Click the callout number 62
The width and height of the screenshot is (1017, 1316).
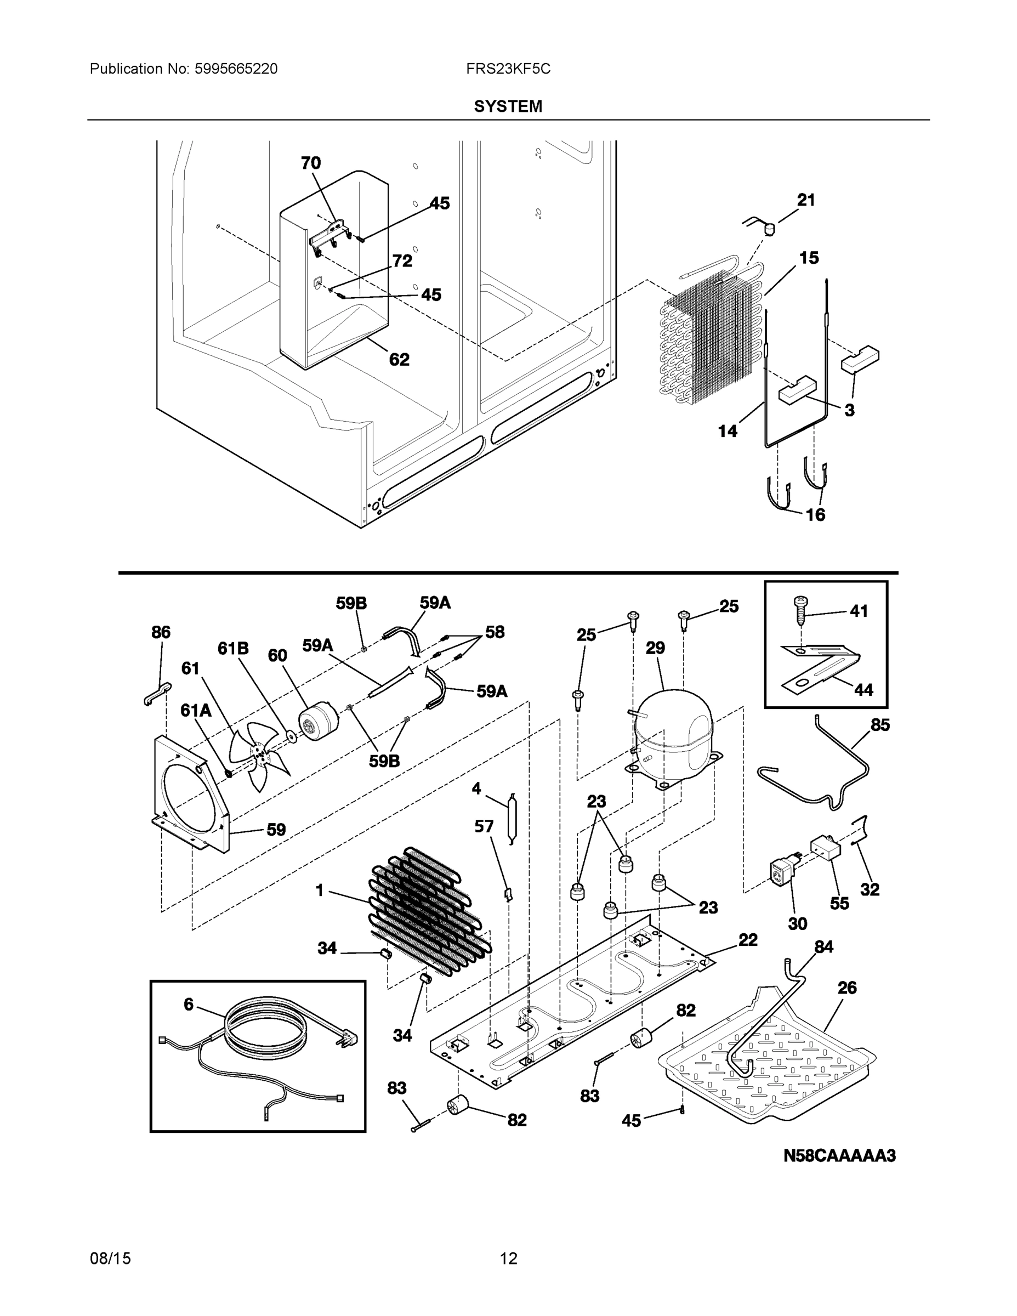(399, 360)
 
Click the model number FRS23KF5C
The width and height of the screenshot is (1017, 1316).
(508, 69)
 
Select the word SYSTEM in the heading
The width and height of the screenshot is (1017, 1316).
(508, 107)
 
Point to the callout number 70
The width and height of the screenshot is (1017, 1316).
(311, 163)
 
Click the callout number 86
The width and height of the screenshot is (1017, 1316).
(161, 632)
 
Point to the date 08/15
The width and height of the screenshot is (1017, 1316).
(110, 1258)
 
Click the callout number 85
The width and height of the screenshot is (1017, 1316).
(879, 725)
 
